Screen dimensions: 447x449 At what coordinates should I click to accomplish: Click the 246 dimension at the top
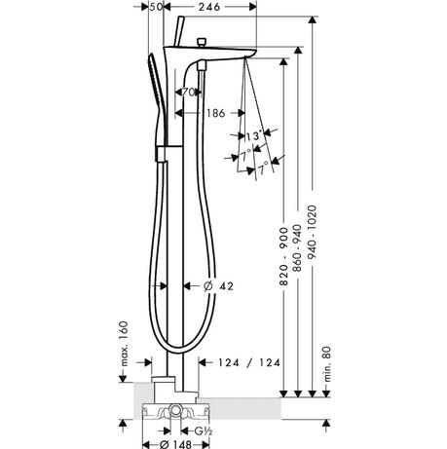click(x=209, y=7)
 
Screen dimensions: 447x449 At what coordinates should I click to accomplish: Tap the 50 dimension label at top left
click(x=156, y=7)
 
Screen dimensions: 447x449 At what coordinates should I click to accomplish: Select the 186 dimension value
click(x=216, y=113)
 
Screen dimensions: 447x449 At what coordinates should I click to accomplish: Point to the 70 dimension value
click(x=188, y=93)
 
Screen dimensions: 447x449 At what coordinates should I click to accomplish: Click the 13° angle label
click(x=254, y=136)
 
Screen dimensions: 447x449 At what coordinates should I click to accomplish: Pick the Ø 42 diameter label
click(x=218, y=286)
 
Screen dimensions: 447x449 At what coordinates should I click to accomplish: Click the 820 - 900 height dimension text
click(x=283, y=256)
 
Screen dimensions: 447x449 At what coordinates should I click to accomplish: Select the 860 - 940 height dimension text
click(x=297, y=248)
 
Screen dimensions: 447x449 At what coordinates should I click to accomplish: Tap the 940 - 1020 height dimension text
click(x=312, y=232)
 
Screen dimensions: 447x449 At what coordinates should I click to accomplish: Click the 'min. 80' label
click(x=327, y=363)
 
